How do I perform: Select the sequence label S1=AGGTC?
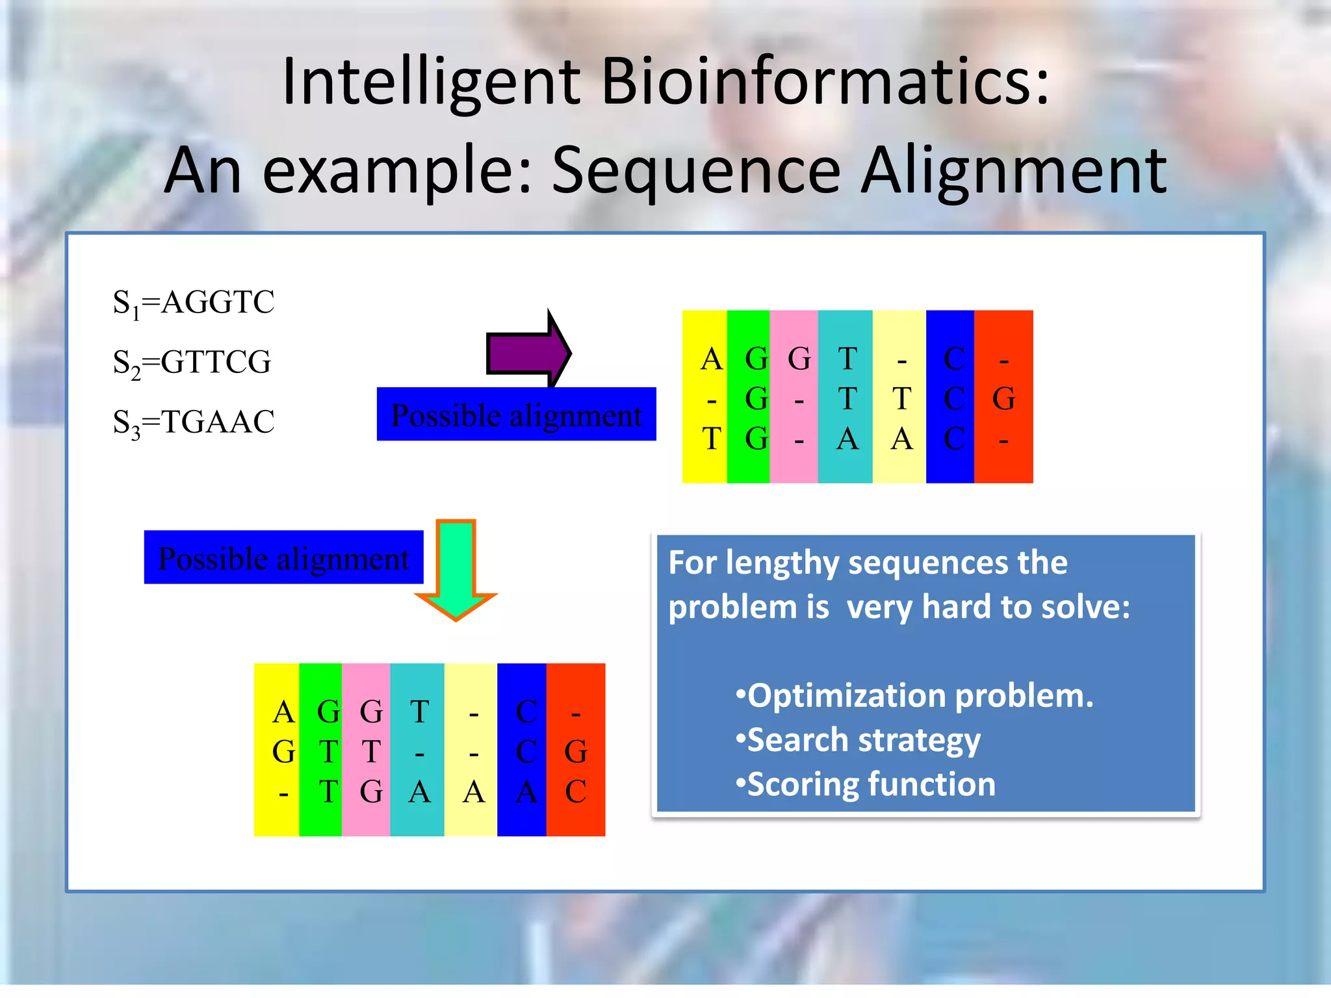[x=193, y=303]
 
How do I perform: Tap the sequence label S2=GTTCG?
[x=192, y=363]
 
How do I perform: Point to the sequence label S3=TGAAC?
[x=193, y=422]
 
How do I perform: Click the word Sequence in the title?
[x=696, y=171]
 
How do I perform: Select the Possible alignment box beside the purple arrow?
[x=516, y=415]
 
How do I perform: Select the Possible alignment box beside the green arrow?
[x=283, y=557]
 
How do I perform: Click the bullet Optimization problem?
[x=914, y=696]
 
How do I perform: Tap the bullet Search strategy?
[x=858, y=740]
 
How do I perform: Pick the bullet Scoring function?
[x=865, y=784]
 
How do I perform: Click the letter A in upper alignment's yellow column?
[x=712, y=359]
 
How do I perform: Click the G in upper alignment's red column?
[x=1003, y=399]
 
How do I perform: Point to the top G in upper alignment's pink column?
[x=799, y=359]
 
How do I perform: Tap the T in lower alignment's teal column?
[x=419, y=712]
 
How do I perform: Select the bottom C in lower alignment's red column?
[x=575, y=791]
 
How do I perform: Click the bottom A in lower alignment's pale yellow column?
[x=474, y=791]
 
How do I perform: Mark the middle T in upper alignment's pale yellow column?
[x=901, y=399]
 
